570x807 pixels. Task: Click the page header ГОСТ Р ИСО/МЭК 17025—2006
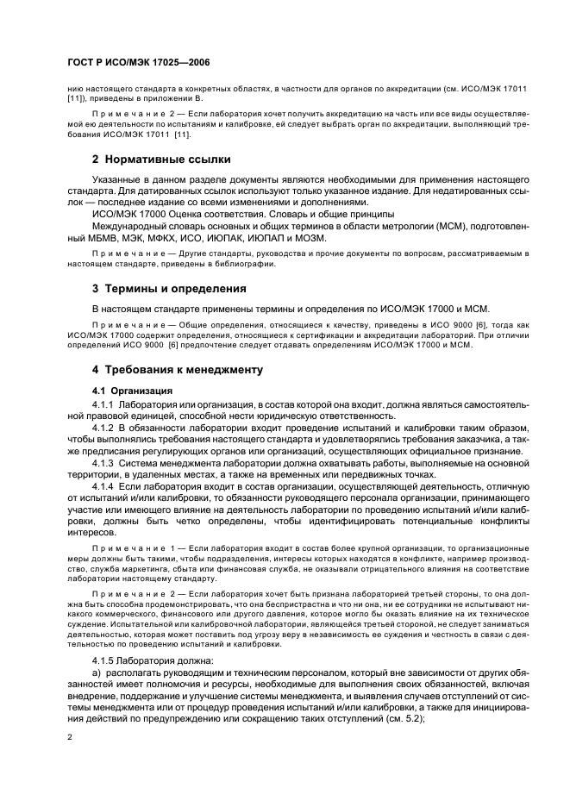click(127, 63)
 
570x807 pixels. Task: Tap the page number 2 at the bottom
click(70, 737)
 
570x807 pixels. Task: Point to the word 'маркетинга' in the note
click(140, 571)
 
